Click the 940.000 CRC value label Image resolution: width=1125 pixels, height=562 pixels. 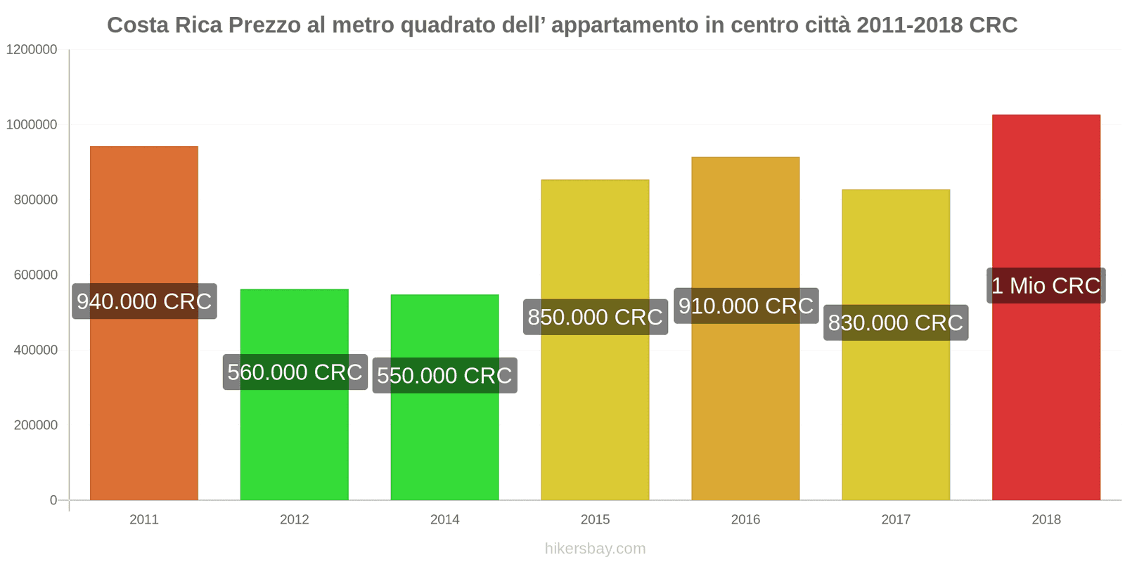144,301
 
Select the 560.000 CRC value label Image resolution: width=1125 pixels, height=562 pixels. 295,372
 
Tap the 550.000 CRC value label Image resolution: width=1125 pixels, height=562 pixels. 444,375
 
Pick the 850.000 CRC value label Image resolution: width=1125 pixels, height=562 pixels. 595,317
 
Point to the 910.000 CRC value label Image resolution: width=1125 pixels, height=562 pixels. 745,306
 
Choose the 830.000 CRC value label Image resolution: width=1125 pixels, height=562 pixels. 895,322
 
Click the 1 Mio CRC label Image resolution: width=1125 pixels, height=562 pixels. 1046,285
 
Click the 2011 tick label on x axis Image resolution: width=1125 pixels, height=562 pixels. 144,520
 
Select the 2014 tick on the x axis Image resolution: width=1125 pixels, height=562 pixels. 444,520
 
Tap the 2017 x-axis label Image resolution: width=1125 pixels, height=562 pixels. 895,520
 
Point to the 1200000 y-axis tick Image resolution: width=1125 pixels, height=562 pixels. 32,50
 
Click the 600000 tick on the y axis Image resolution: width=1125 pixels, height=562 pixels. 36,275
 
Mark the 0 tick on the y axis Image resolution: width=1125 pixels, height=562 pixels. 53,500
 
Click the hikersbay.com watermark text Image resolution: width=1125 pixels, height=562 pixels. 595,549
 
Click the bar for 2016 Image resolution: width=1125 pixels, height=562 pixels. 745,407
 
